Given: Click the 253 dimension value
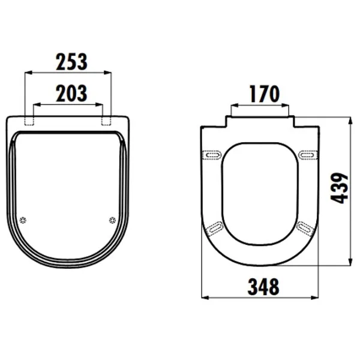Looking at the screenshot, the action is [71, 62].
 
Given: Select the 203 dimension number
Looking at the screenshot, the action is [71, 93].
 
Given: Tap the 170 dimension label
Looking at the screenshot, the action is [265, 94].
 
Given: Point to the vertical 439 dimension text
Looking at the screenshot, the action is [340, 188].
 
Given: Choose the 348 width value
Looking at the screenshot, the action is [263, 287].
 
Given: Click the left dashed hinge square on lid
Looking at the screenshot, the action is [29, 121].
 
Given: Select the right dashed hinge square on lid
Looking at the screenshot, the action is [106, 121].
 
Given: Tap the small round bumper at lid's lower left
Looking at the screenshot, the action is [23, 220].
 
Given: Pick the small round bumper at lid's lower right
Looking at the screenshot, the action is [112, 220].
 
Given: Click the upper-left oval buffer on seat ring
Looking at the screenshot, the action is [212, 155].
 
